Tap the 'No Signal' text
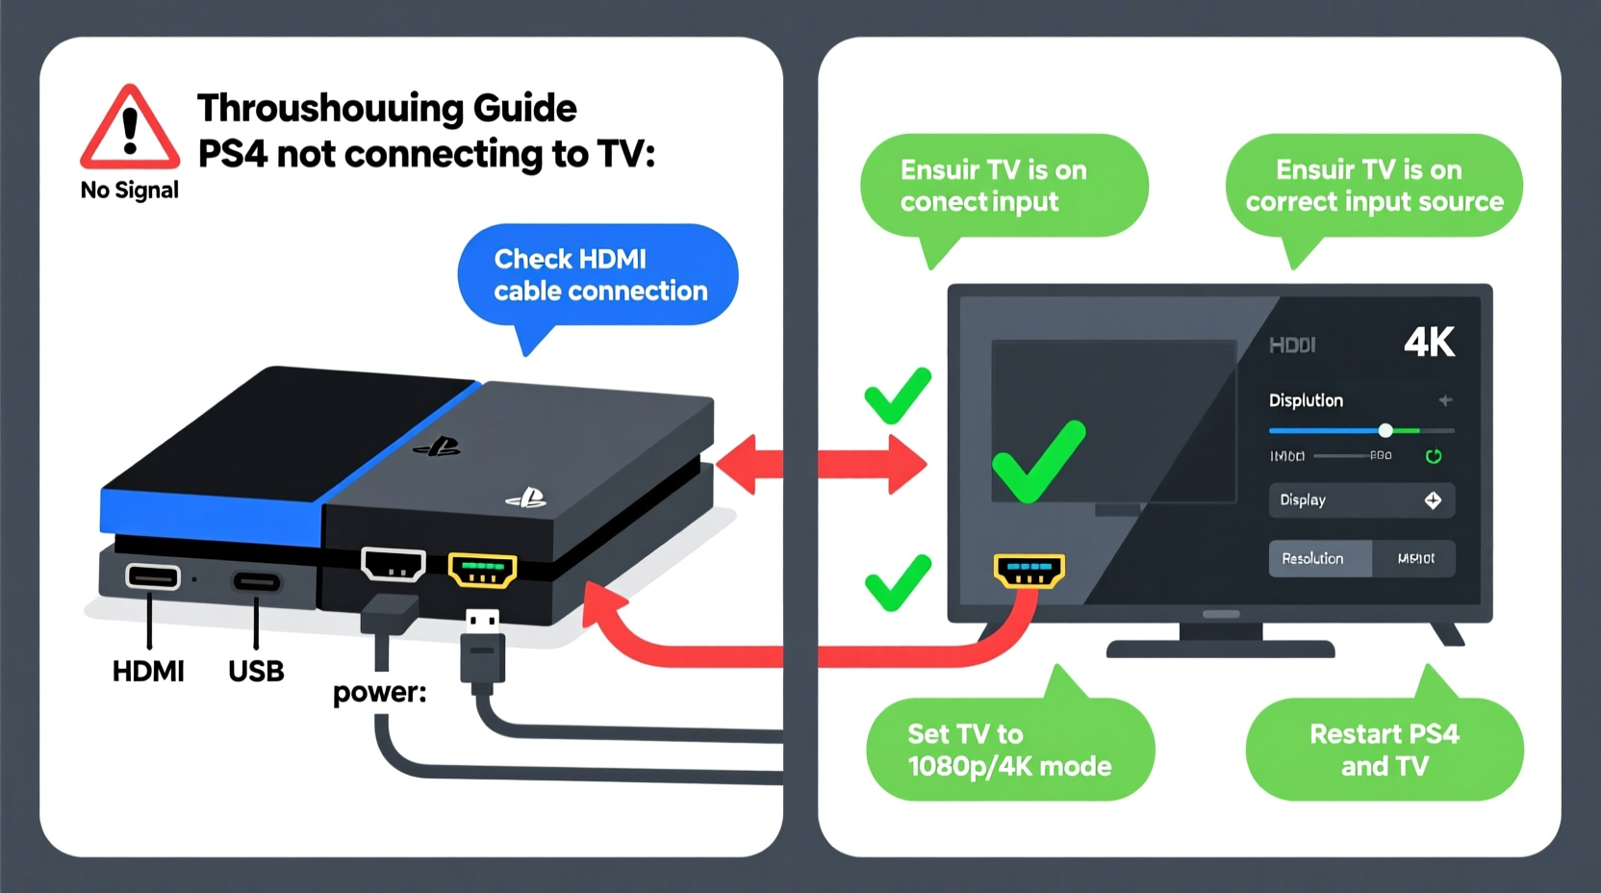pyautogui.click(x=130, y=191)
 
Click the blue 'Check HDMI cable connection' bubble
pyautogui.click(x=598, y=275)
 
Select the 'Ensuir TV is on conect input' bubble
pyautogui.click(x=1003, y=186)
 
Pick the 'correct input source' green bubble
pyautogui.click(x=1374, y=186)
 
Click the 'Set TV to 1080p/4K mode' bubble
pyautogui.click(x=1009, y=750)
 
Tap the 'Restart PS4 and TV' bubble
pyautogui.click(x=1385, y=750)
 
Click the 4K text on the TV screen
pyautogui.click(x=1429, y=343)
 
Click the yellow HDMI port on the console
pyautogui.click(x=483, y=570)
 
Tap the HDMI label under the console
pyautogui.click(x=148, y=672)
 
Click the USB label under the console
pyautogui.click(x=256, y=672)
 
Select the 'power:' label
pyautogui.click(x=379, y=693)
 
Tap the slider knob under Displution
pyautogui.click(x=1385, y=430)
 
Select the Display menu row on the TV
pyautogui.click(x=1360, y=500)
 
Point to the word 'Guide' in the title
pyautogui.click(x=524, y=109)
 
